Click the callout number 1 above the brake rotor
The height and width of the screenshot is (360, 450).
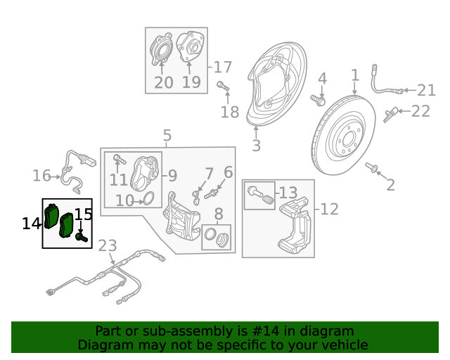coord(355,75)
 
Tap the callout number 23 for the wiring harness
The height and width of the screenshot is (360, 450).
coord(108,246)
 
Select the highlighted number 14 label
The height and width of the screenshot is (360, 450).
coord(32,224)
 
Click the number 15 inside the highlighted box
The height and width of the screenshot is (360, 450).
coord(83,214)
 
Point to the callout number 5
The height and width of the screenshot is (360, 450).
coord(167,135)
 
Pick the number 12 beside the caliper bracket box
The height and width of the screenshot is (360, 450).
coord(330,209)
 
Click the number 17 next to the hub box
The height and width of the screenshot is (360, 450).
coord(222,67)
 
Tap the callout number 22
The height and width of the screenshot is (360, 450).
coord(420,110)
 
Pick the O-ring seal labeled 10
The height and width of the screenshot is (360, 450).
coord(148,199)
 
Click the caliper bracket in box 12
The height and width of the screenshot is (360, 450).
coord(295,225)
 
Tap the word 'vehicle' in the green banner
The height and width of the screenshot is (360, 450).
coord(345,345)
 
